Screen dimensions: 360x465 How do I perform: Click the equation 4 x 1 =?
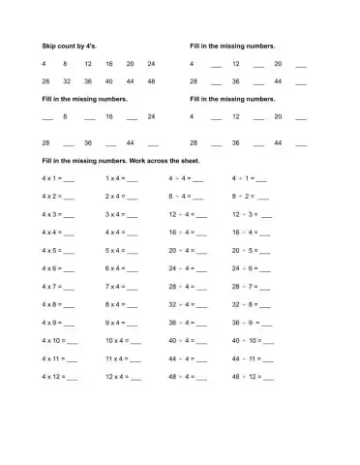point(53,179)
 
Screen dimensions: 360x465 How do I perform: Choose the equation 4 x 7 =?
point(53,286)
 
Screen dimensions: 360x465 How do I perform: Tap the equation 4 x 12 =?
point(55,376)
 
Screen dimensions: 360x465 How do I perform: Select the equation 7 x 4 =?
point(115,286)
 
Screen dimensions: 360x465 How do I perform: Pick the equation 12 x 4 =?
point(117,376)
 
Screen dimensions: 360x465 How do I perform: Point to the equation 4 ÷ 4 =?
point(179,179)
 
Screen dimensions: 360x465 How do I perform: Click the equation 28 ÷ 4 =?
point(181,286)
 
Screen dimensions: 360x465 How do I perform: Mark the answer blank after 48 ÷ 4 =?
point(208,377)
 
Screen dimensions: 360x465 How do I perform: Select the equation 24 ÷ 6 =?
point(245,268)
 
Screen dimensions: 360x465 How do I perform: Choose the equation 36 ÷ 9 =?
point(245,322)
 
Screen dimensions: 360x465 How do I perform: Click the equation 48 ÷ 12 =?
point(247,376)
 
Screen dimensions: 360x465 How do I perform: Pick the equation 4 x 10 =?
point(55,340)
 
